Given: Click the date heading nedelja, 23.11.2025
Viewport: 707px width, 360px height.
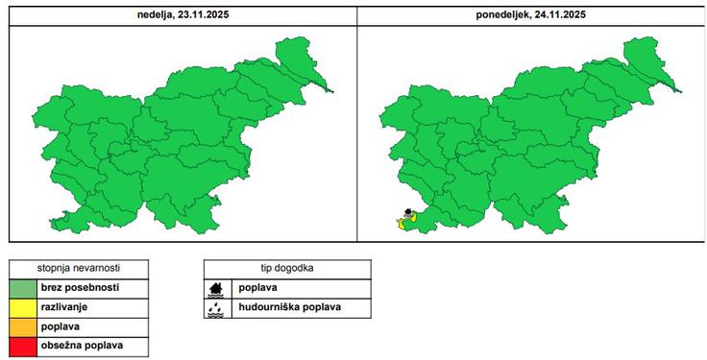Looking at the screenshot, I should click(183, 15).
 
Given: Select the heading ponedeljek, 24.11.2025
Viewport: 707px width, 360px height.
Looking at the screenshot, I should click(530, 15).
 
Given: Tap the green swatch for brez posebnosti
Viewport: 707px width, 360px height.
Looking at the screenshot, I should click(22, 287).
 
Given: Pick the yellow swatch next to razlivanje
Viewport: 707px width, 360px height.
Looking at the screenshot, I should click(22, 306).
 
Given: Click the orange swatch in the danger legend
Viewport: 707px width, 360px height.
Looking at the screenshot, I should click(22, 325).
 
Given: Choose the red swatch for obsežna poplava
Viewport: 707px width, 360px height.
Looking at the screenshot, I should click(22, 344).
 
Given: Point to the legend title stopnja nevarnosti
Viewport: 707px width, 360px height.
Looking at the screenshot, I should click(79, 268).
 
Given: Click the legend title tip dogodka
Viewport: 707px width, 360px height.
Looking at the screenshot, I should click(287, 268).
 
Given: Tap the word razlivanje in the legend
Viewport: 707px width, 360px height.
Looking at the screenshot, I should click(65, 306).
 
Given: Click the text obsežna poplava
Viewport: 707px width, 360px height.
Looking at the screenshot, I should click(81, 344).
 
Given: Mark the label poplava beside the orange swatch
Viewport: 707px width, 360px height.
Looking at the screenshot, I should click(60, 325).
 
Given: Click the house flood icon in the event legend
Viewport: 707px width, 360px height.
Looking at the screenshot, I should click(218, 288).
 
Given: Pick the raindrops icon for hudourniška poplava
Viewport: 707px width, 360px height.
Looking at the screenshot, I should click(218, 308).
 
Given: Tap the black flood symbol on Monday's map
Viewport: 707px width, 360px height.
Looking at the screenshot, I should click(407, 213).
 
